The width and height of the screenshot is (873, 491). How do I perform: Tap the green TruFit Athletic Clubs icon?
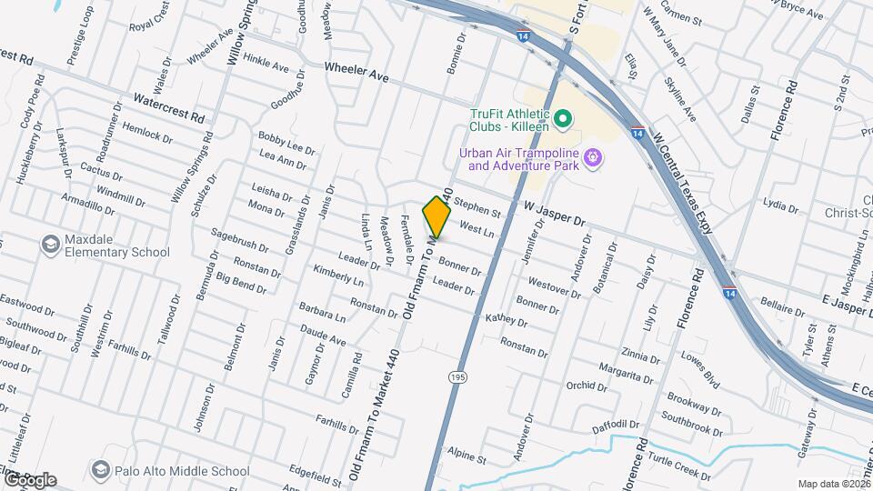562,119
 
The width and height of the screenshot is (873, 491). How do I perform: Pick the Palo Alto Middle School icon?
100,470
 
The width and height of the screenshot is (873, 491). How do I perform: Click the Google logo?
29,479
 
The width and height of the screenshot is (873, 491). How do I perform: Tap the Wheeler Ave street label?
356,72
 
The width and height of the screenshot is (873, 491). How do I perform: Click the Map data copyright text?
831,484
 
